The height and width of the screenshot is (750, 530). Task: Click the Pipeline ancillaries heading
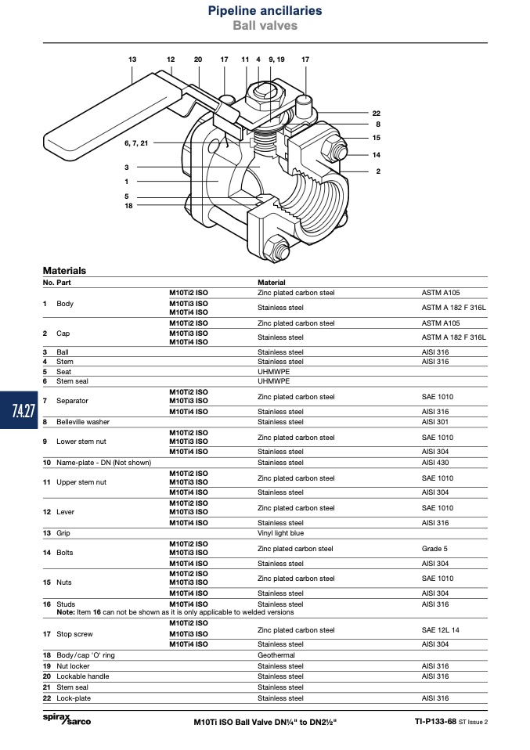265,10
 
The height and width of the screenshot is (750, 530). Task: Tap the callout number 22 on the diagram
376,114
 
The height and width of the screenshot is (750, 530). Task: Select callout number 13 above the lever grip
132,59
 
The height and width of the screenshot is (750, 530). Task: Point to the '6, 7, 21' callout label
136,143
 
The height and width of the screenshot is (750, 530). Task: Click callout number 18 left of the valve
128,206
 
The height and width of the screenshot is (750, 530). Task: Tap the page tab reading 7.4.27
23,410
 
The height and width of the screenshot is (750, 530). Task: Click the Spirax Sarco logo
67,719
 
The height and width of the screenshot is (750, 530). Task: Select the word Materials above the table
64,270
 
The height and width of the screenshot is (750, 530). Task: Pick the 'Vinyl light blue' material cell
281,533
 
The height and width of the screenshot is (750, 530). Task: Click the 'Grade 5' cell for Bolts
434,549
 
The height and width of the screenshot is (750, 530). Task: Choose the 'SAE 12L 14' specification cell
440,630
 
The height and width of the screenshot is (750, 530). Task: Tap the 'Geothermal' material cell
276,655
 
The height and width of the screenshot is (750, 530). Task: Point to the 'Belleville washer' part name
83,422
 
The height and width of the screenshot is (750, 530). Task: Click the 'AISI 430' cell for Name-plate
435,463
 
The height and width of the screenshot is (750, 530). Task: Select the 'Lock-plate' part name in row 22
73,698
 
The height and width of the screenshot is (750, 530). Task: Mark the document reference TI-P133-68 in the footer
435,721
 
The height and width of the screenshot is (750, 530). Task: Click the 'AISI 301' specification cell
435,422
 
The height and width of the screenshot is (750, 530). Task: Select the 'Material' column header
271,283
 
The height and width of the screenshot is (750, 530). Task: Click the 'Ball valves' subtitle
265,25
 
